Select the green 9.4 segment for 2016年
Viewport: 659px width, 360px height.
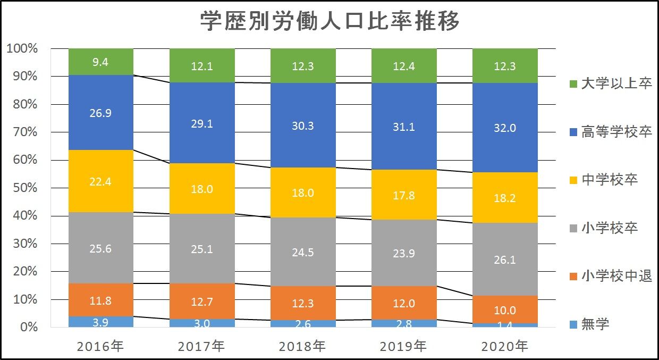[101, 62]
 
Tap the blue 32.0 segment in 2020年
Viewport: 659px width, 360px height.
[505, 128]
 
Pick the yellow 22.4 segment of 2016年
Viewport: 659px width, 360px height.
[101, 181]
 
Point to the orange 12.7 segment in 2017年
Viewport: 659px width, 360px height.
[202, 302]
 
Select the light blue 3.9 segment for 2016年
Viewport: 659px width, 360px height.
[101, 322]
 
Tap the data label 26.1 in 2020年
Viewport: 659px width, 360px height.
[505, 259]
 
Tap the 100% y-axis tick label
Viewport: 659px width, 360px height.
[22, 49]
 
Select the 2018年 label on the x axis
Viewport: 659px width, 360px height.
[303, 347]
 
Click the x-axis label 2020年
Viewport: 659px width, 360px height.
[505, 347]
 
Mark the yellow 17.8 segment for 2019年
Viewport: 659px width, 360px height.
[404, 195]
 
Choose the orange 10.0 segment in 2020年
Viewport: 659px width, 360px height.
[505, 309]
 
